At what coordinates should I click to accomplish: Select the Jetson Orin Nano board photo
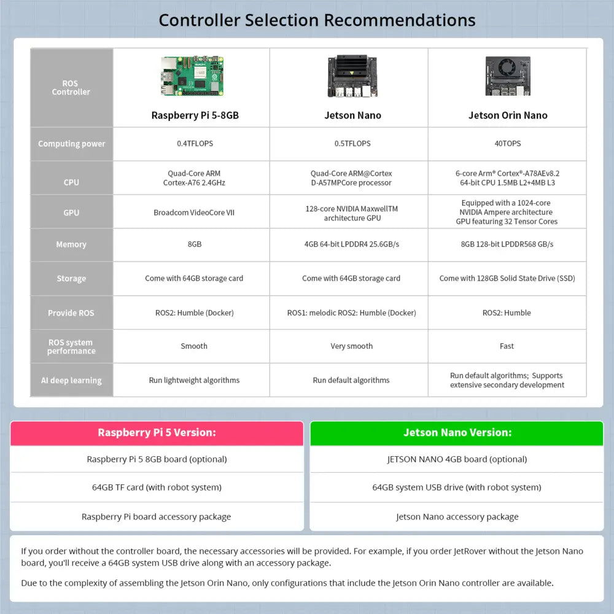coord(507,77)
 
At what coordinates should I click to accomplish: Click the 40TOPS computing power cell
coord(507,144)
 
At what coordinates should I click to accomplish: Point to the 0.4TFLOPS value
coord(195,144)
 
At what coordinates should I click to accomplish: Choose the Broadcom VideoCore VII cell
coord(194,212)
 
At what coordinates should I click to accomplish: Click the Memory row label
coord(71,244)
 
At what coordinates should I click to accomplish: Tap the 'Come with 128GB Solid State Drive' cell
coord(507,278)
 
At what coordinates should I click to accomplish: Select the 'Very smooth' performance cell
coord(351,346)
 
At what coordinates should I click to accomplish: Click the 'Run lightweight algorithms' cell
coord(194,380)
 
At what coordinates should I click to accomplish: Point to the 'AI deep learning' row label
coord(71,380)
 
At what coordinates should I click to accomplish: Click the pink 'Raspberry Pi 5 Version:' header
coord(157,433)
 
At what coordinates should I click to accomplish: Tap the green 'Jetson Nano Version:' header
coord(457,433)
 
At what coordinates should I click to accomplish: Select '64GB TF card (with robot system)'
coord(157,488)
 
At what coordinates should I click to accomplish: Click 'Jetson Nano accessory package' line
coord(457,517)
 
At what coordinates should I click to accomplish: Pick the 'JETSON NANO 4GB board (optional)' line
coord(457,459)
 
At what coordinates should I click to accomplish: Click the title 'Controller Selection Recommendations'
coord(317,20)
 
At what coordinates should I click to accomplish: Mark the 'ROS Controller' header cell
coord(71,88)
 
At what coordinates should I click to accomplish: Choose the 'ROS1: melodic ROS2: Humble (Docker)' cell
coord(351,313)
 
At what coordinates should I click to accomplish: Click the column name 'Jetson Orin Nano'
coord(508,115)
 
